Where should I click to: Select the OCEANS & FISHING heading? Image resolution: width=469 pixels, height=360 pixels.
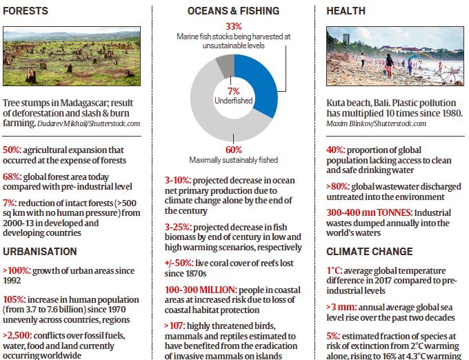[234, 11]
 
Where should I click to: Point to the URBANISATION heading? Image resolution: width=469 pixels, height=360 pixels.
[40, 251]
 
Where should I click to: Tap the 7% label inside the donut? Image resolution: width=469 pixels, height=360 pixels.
[234, 91]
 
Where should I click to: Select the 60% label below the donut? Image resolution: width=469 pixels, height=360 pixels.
[234, 150]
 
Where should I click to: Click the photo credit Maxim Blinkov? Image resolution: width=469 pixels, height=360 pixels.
[351, 124]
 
